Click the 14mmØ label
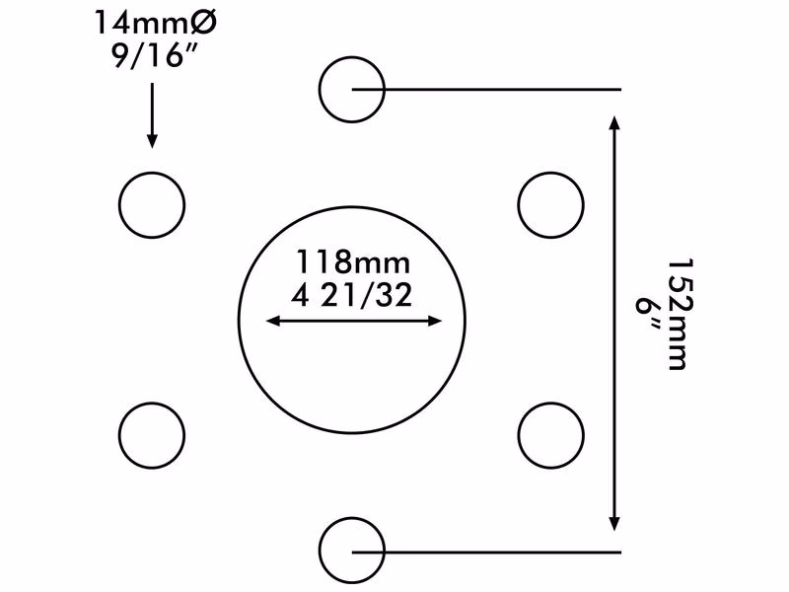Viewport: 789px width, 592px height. click(x=156, y=23)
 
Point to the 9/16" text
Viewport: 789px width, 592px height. click(x=153, y=55)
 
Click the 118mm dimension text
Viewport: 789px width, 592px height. click(x=353, y=261)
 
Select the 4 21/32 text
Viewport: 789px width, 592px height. click(x=352, y=295)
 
